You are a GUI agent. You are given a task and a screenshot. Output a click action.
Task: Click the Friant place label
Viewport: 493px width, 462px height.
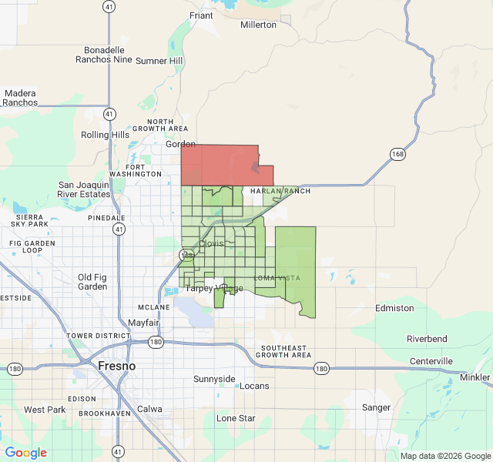pyautogui.click(x=201, y=15)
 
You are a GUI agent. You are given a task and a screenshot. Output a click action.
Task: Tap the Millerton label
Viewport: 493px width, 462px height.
pyautogui.click(x=258, y=25)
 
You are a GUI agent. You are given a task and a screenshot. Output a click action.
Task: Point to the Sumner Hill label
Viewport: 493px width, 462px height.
pyautogui.click(x=159, y=61)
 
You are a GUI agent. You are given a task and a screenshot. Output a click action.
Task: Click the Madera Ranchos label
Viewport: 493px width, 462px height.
pyautogui.click(x=20, y=98)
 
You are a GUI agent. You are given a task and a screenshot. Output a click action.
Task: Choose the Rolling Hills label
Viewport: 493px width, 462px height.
pyautogui.click(x=106, y=135)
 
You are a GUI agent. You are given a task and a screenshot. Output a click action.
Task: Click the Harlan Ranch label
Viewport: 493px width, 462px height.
pyautogui.click(x=280, y=191)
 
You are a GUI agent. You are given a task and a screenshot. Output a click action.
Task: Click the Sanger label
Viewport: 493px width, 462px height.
pyautogui.click(x=376, y=407)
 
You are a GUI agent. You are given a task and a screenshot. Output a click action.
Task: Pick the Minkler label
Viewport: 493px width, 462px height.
pyautogui.click(x=475, y=377)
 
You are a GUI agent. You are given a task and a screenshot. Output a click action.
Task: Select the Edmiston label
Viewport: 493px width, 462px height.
pyautogui.click(x=394, y=308)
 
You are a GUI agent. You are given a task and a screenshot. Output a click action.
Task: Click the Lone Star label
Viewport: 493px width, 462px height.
pyautogui.click(x=236, y=418)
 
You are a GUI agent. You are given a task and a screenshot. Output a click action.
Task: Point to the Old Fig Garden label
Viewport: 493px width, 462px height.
pyautogui.click(x=93, y=282)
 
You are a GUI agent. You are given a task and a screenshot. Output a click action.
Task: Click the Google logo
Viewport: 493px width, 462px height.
pyautogui.click(x=26, y=453)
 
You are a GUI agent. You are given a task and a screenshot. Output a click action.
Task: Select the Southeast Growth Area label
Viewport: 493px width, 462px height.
pyautogui.click(x=283, y=351)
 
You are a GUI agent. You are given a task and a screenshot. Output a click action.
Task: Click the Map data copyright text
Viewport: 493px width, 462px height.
pyautogui.click(x=444, y=456)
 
